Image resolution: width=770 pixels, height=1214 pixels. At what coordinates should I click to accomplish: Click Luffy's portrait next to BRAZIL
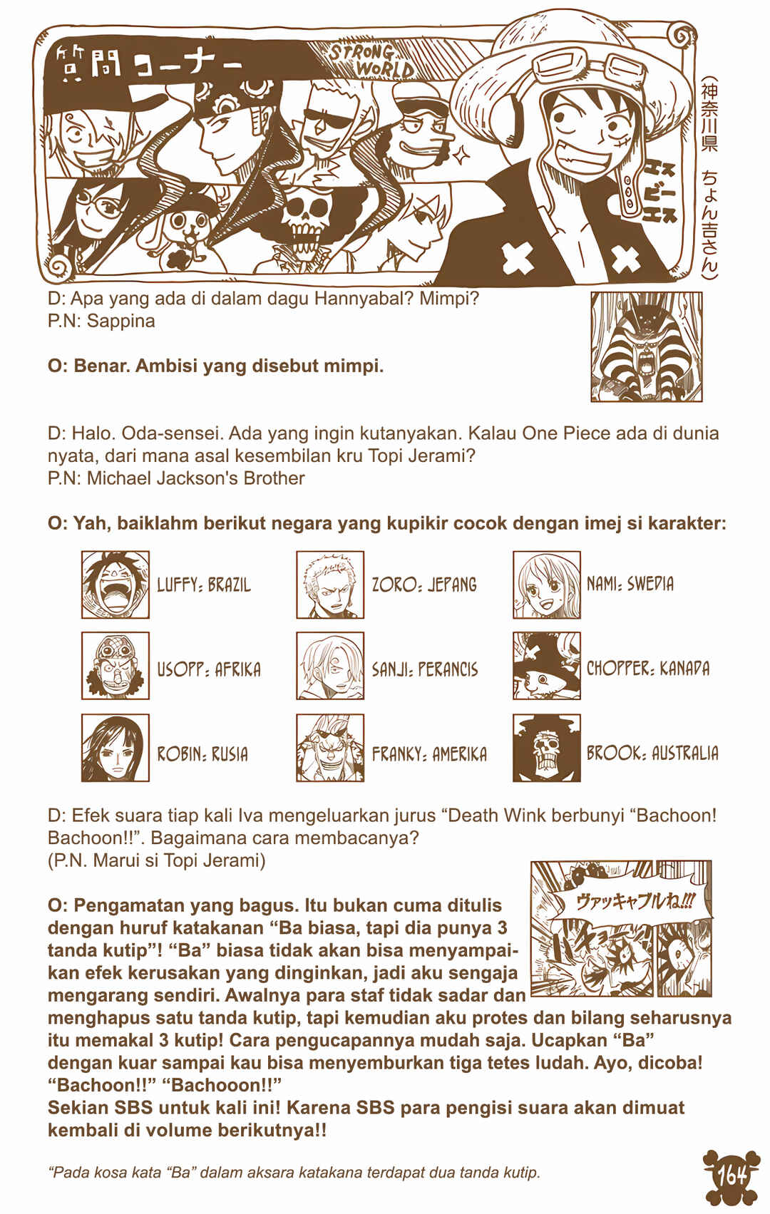pos(115,585)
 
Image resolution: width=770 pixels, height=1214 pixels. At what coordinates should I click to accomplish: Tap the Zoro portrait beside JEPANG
pos(330,585)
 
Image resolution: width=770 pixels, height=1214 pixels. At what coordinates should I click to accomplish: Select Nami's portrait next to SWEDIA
pos(547,585)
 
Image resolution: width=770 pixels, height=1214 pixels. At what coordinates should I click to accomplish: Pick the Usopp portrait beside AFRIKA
pos(115,666)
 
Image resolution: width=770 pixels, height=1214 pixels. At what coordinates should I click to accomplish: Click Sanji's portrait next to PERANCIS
pos(330,666)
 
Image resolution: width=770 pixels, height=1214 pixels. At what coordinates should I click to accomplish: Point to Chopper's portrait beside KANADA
pos(547,666)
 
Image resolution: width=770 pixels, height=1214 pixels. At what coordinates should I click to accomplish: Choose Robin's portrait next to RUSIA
pos(115,747)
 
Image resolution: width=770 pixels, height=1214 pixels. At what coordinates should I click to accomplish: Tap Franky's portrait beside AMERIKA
pos(330,747)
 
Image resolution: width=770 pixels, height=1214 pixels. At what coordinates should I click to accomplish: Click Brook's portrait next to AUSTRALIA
pos(547,747)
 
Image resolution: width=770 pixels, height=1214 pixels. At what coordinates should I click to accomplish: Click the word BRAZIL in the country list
pos(229,585)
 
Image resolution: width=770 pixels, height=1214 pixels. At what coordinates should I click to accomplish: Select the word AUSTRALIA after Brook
pos(685,753)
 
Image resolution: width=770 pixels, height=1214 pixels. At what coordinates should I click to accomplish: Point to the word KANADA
pos(684,668)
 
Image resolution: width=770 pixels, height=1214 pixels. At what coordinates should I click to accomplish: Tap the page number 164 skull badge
pos(732,1176)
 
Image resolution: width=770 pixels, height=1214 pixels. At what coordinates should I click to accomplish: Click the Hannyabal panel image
pos(647,347)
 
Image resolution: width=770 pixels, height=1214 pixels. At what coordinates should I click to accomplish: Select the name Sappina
pos(120,321)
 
